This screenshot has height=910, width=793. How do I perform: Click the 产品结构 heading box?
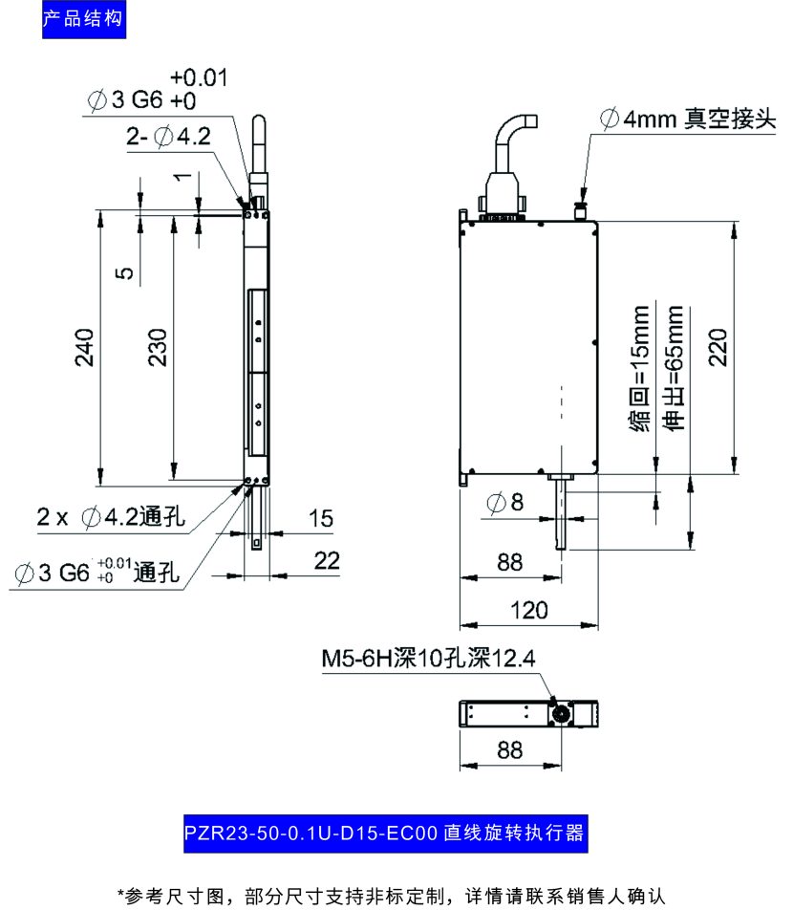(x=84, y=19)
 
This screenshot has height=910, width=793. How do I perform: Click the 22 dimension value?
(x=327, y=562)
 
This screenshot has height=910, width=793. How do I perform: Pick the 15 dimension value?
(x=321, y=519)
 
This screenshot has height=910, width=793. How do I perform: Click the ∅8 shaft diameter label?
(x=504, y=503)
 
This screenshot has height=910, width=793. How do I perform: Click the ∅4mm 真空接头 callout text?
(x=685, y=119)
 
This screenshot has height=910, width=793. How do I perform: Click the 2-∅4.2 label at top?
(x=168, y=137)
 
